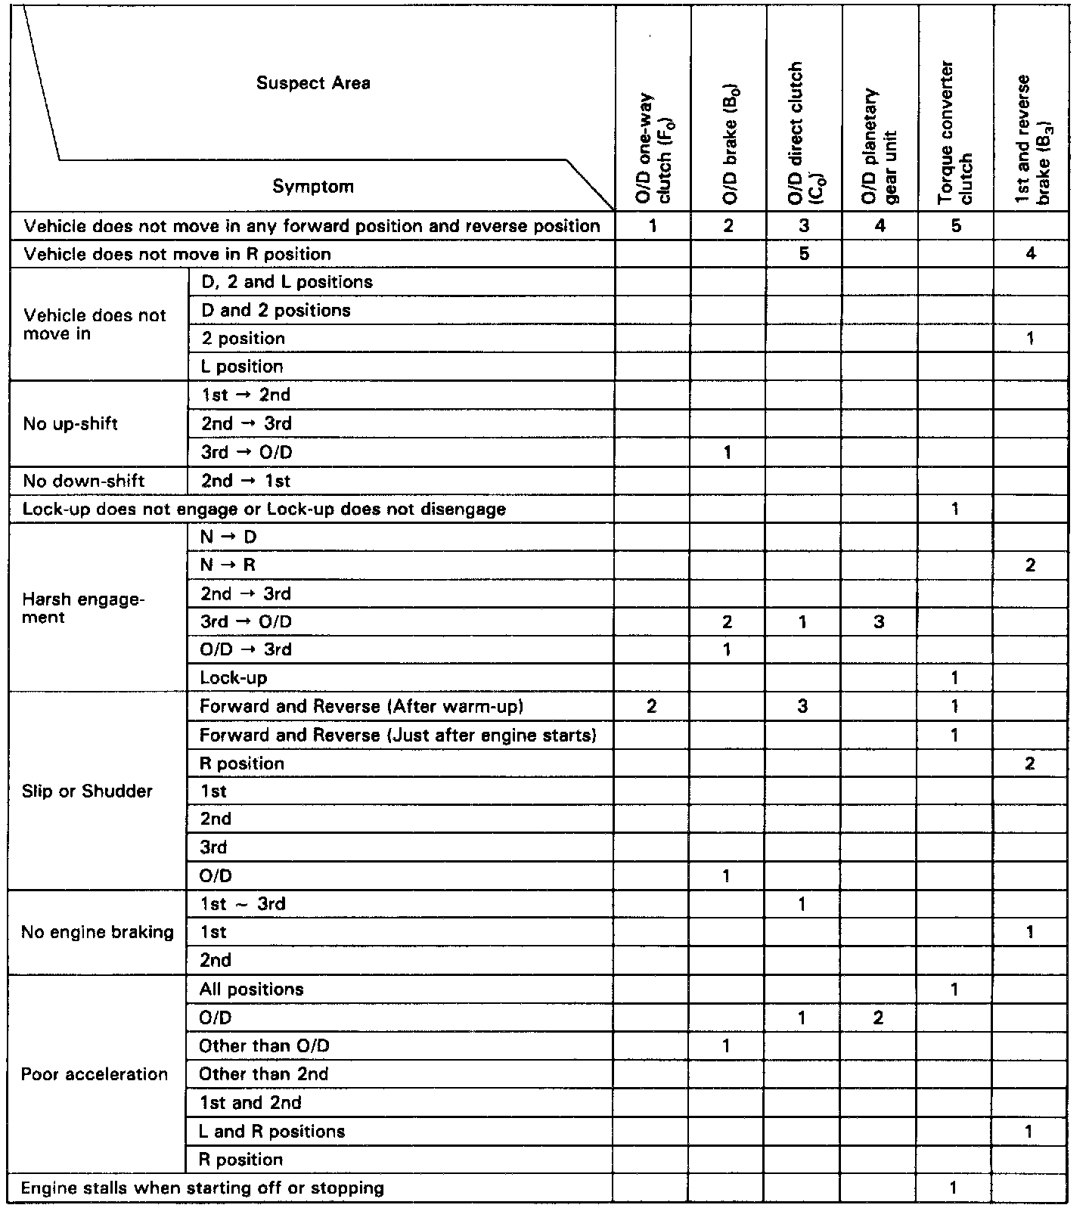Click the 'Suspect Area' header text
click(313, 83)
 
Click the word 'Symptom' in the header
click(313, 187)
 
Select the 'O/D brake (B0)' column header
click(729, 144)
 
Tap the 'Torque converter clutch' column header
click(955, 132)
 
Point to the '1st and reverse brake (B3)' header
click(1032, 140)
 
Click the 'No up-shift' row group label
click(70, 423)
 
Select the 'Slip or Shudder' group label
click(87, 791)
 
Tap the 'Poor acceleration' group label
click(95, 1074)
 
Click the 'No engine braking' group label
click(98, 932)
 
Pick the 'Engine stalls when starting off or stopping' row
click(203, 1188)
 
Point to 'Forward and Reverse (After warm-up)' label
click(361, 707)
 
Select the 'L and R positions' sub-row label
click(271, 1131)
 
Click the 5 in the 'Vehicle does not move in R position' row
click(804, 254)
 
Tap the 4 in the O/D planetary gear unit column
click(880, 225)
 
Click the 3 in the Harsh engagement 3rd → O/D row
click(879, 622)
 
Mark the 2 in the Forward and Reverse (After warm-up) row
click(652, 707)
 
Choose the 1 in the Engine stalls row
click(954, 1188)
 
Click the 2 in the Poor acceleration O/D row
click(878, 1018)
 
